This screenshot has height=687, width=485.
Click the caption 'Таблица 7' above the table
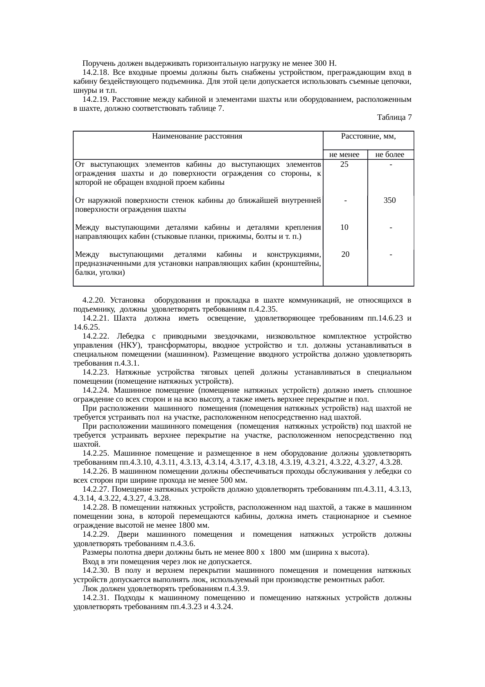(394, 117)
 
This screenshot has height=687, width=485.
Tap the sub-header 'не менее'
(344, 155)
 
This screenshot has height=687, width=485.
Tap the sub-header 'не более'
(390, 155)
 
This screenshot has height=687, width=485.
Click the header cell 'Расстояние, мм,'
(368, 137)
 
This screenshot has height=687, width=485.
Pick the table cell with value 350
(390, 200)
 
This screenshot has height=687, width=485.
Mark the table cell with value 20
(345, 254)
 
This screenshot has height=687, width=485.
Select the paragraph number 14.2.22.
(95, 336)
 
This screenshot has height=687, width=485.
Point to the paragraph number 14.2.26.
(95, 471)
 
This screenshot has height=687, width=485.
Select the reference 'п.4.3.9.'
(237, 589)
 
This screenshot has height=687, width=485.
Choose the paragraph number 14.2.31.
(95, 598)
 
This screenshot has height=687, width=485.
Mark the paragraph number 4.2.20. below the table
(93, 300)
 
